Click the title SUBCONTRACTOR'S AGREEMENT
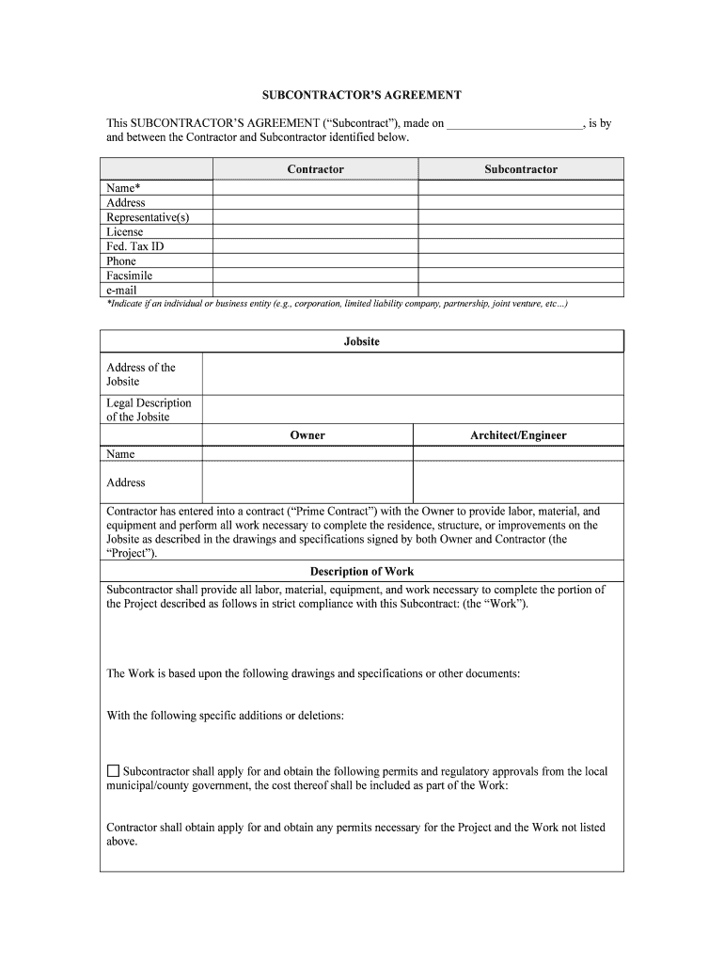click(361, 95)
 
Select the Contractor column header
click(315, 169)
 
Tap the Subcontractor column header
click(520, 169)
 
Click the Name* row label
click(123, 188)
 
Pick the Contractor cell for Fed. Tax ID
click(315, 246)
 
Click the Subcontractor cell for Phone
click(520, 261)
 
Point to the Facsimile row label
click(129, 276)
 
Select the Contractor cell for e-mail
click(315, 291)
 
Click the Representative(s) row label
click(148, 217)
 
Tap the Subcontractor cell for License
click(520, 231)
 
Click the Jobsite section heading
click(361, 341)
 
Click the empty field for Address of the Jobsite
click(412, 374)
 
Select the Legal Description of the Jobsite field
click(412, 410)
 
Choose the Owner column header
click(307, 435)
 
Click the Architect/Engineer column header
click(518, 435)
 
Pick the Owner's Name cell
click(307, 453)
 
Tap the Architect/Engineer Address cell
click(518, 482)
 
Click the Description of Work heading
click(361, 571)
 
